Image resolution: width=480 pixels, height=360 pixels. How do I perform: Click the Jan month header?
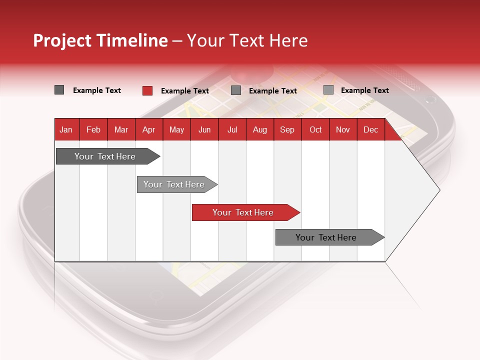point(66,129)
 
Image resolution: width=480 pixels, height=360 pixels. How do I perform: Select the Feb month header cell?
point(93,129)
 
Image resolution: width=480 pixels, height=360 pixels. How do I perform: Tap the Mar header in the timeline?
point(121,129)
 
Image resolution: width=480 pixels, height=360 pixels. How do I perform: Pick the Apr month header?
point(149,129)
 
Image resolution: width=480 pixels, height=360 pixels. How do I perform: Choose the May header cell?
point(176,129)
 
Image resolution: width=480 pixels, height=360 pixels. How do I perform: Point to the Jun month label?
point(204,129)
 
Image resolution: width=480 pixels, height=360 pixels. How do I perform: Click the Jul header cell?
point(232,129)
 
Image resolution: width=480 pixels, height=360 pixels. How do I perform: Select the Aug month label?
point(260,129)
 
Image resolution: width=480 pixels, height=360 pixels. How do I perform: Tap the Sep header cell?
point(287,129)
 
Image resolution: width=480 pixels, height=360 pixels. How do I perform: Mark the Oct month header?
point(315,129)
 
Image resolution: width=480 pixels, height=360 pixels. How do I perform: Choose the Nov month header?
point(343,129)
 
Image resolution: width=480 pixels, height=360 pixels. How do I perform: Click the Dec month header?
point(371,129)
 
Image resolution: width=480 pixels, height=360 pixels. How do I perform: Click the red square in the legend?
point(147,90)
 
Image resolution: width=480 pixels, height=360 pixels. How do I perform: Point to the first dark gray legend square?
point(59,90)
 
